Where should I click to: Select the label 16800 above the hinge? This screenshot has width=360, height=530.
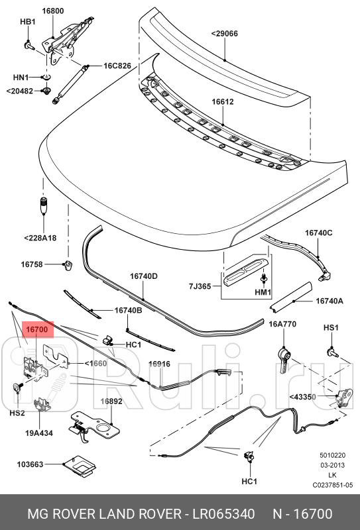point(53,11)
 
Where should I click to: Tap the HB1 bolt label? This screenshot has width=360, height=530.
point(27,22)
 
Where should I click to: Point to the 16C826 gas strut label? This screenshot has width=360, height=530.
point(117,66)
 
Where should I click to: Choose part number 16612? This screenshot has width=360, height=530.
point(223,102)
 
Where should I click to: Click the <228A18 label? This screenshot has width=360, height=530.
point(40,238)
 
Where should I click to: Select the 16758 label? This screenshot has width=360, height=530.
point(32,264)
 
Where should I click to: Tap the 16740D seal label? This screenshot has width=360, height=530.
point(143,276)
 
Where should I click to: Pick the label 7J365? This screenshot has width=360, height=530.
point(200,286)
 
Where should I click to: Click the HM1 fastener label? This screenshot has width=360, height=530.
point(264,292)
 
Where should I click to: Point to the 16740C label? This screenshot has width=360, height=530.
point(318,233)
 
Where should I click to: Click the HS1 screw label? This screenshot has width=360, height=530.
point(331,328)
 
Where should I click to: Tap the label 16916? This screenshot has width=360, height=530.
point(159,364)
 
